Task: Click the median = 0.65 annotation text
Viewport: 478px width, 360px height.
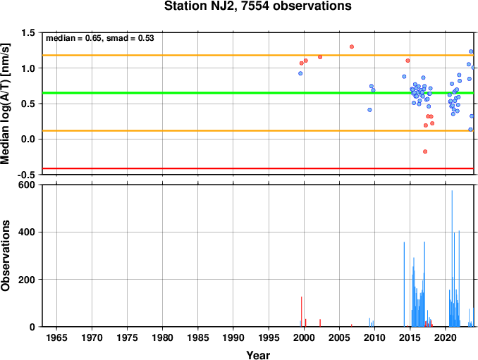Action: point(73,38)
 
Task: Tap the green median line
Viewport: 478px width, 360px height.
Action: point(258,93)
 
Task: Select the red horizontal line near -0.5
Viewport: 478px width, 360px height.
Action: point(258,168)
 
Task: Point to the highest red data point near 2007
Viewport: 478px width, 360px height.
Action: point(352,46)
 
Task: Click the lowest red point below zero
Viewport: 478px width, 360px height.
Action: point(425,151)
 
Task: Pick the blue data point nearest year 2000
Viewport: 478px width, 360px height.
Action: point(300,73)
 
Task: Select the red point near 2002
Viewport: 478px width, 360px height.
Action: point(320,57)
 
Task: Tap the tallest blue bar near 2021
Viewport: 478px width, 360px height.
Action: point(452,259)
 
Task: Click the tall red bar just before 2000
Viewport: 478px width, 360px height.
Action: point(302,311)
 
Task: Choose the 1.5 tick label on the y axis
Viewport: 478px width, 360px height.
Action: point(28,33)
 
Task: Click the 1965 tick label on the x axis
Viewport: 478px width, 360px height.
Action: point(56,337)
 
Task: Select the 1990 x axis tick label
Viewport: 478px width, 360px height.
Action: point(233,337)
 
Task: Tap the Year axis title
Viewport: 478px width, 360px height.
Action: point(258,355)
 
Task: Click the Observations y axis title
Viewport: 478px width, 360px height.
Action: point(6,256)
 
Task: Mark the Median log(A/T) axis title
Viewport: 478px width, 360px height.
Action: point(6,104)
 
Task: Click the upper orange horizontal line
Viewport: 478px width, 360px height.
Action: point(258,55)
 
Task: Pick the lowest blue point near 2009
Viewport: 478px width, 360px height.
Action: point(369,110)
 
